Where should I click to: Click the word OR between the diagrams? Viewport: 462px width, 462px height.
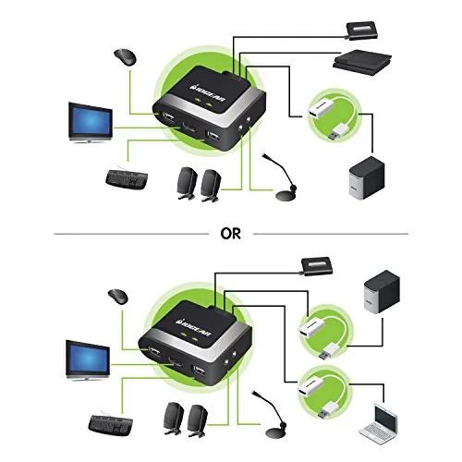(230, 234)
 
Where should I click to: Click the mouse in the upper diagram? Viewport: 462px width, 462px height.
(125, 57)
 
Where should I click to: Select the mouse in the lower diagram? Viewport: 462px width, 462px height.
(118, 297)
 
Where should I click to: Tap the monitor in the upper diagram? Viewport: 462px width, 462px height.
(91, 123)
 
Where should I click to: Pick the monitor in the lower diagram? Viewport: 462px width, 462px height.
(88, 360)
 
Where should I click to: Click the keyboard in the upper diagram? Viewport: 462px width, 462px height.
(127, 178)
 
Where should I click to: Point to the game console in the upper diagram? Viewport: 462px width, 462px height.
(362, 63)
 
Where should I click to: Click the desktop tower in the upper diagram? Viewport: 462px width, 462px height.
(367, 177)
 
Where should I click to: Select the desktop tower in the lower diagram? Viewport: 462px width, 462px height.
(382, 291)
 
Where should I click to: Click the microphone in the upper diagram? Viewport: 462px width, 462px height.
(280, 177)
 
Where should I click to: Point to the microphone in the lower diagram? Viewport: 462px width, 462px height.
(270, 414)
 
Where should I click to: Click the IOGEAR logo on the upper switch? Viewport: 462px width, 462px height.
(208, 91)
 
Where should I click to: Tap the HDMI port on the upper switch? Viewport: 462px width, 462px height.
(189, 127)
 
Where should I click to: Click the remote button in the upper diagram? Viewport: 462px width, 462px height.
(362, 30)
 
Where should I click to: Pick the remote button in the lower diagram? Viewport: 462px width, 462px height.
(317, 266)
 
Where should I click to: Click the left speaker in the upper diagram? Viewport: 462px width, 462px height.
(187, 183)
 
